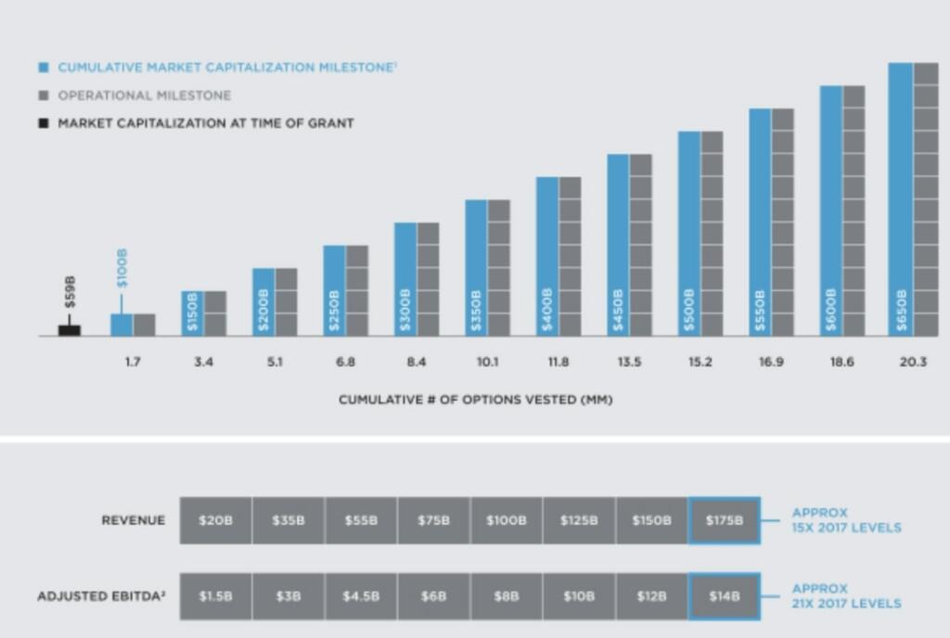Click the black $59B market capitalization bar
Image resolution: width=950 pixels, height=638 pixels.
(x=70, y=329)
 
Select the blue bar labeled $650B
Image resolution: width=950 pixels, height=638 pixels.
(x=900, y=199)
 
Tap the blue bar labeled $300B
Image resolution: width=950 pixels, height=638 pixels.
(x=405, y=278)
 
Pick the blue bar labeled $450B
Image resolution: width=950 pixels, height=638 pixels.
(x=619, y=245)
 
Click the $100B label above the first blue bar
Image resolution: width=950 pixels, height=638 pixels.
(x=122, y=268)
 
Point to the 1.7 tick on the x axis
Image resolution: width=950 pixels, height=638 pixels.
(x=133, y=363)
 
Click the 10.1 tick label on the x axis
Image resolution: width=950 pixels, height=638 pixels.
(x=487, y=363)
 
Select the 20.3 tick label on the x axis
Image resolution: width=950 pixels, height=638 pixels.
(x=913, y=363)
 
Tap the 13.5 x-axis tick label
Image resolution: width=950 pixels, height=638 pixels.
(x=629, y=363)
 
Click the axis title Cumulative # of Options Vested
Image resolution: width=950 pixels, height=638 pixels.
(x=475, y=400)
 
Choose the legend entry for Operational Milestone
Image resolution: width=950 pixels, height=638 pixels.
(x=144, y=96)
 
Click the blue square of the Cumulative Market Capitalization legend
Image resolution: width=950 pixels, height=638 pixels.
(x=43, y=68)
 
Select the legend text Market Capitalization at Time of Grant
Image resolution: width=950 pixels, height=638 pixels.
(x=205, y=122)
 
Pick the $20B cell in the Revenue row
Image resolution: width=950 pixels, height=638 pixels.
(x=215, y=520)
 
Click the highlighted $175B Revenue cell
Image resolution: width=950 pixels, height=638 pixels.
(x=725, y=520)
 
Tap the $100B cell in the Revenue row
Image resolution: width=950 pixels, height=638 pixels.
(x=507, y=520)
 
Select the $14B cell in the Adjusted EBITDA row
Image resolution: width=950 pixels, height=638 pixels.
(x=725, y=596)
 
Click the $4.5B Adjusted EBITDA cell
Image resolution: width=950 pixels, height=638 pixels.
(x=361, y=596)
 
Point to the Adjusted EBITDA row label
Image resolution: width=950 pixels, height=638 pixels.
(x=101, y=596)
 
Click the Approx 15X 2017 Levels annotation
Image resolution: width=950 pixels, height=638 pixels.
(x=845, y=520)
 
